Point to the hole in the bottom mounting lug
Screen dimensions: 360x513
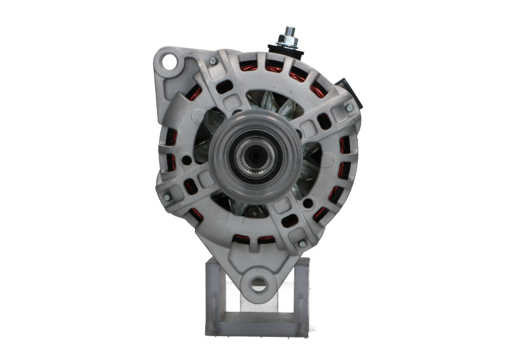coord(258,283)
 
